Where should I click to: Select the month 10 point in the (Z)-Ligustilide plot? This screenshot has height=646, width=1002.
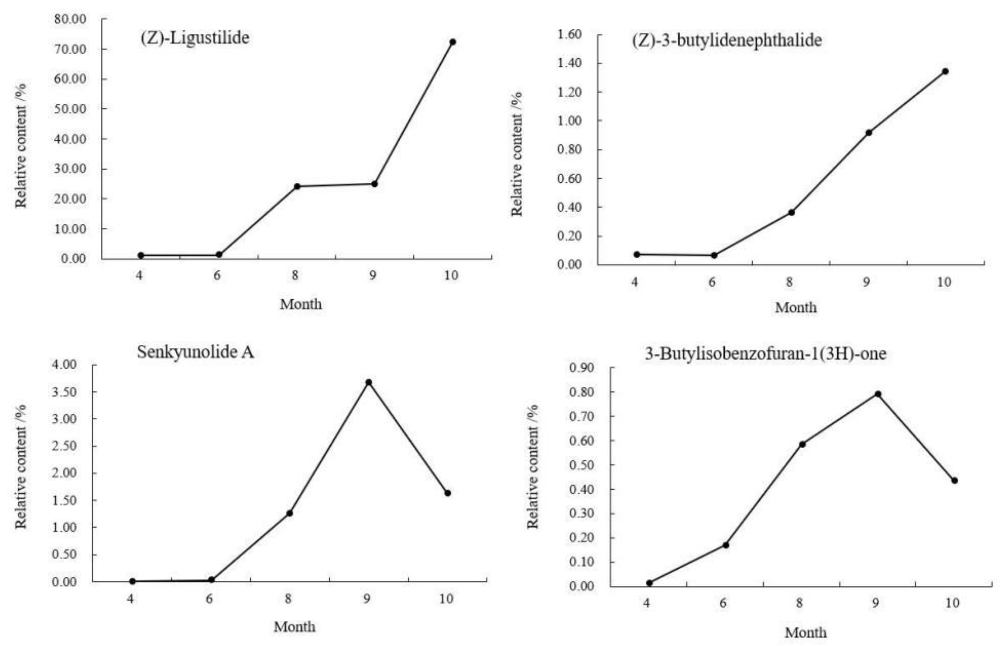pyautogui.click(x=453, y=42)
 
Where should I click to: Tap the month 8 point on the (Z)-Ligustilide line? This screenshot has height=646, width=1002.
pyautogui.click(x=297, y=186)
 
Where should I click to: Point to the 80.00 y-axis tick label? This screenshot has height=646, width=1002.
pyautogui.click(x=70, y=19)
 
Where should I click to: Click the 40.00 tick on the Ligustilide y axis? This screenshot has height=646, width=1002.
pyautogui.click(x=70, y=139)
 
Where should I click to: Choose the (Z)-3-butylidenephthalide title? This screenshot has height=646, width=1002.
pyautogui.click(x=727, y=41)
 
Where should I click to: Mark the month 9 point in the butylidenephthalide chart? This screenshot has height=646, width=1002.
pyautogui.click(x=868, y=133)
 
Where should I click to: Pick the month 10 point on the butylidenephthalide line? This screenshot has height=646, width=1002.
pyautogui.click(x=945, y=71)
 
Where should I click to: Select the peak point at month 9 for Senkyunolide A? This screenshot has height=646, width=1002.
pyautogui.click(x=369, y=382)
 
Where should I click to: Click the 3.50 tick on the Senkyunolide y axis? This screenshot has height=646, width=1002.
pyautogui.click(x=64, y=392)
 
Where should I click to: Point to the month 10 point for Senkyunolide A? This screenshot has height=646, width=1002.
pyautogui.click(x=447, y=493)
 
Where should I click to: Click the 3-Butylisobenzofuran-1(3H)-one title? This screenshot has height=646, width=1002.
pyautogui.click(x=765, y=353)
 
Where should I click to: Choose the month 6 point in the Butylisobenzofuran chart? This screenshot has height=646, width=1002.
pyautogui.click(x=725, y=545)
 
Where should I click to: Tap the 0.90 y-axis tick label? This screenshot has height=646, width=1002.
pyautogui.click(x=581, y=368)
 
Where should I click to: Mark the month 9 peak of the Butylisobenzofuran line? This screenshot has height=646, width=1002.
pyautogui.click(x=878, y=394)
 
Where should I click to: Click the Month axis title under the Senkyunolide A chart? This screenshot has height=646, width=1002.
pyautogui.click(x=294, y=627)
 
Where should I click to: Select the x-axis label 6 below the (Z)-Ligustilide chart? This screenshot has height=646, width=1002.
pyautogui.click(x=217, y=276)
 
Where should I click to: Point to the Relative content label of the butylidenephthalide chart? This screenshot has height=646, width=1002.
pyautogui.click(x=517, y=154)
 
